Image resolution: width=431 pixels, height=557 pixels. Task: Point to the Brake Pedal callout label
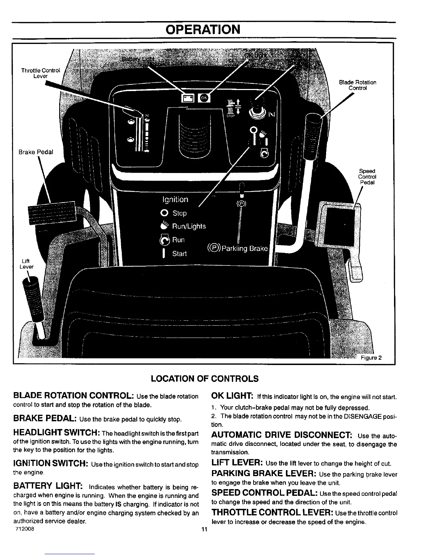coord(36,152)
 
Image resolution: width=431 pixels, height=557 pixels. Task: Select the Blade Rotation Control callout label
coord(357,85)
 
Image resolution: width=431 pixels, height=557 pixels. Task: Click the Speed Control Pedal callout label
coord(367,177)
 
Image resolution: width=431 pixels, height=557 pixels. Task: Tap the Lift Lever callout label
coord(26,264)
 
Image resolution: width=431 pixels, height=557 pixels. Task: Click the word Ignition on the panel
coord(175,200)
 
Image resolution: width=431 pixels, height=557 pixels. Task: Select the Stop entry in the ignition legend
coord(179,213)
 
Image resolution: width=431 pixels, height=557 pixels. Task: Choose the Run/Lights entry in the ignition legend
coord(188,226)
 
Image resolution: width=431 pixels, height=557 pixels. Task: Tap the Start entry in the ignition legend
coord(179,254)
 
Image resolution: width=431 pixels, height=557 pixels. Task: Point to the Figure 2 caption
coord(371,358)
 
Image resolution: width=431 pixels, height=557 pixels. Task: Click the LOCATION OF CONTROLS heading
coord(205,379)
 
